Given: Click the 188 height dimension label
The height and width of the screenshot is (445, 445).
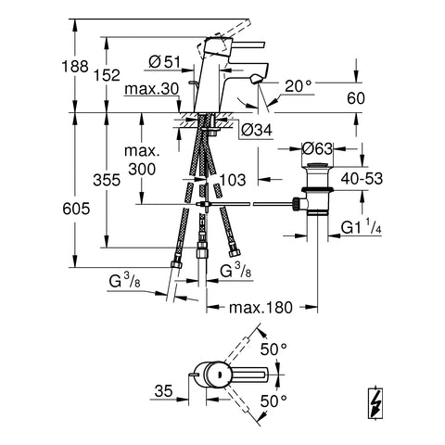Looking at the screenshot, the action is coord(75,67).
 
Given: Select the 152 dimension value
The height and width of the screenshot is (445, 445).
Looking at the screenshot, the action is coord(107,75).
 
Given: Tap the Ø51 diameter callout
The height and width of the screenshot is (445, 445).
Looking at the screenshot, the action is coord(164,62).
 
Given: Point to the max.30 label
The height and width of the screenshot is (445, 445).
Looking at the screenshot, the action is coord(152,89).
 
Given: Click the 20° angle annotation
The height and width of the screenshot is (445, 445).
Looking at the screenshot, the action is coord(298,86).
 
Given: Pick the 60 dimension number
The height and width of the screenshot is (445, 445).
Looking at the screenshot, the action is coord(356,98).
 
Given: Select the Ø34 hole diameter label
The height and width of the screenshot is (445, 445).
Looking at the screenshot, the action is coord(257,130).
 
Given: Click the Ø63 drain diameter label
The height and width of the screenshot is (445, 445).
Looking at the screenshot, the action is coord(317,149).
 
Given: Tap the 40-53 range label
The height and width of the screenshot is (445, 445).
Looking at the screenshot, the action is coord(362,179).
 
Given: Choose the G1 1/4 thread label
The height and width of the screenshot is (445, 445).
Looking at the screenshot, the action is coord(361,228).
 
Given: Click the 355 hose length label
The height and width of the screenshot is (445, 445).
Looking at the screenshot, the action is coord(107,180).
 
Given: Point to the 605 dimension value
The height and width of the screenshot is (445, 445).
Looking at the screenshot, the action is coord(76,209).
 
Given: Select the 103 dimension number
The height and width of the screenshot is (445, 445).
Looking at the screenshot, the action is coord(233,180).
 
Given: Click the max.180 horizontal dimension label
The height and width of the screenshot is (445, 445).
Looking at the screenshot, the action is coord(261,308).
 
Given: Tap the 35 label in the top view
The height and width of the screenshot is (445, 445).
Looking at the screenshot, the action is coord(163,391).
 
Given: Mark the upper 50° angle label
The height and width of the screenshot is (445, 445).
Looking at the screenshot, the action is coord(273,350).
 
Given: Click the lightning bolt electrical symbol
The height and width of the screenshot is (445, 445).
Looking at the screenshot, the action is coord(375,402).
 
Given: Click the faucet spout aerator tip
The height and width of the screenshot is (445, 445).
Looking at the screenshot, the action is coord(257,80).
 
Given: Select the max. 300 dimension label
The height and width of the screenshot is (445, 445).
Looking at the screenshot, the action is coord(142,160).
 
